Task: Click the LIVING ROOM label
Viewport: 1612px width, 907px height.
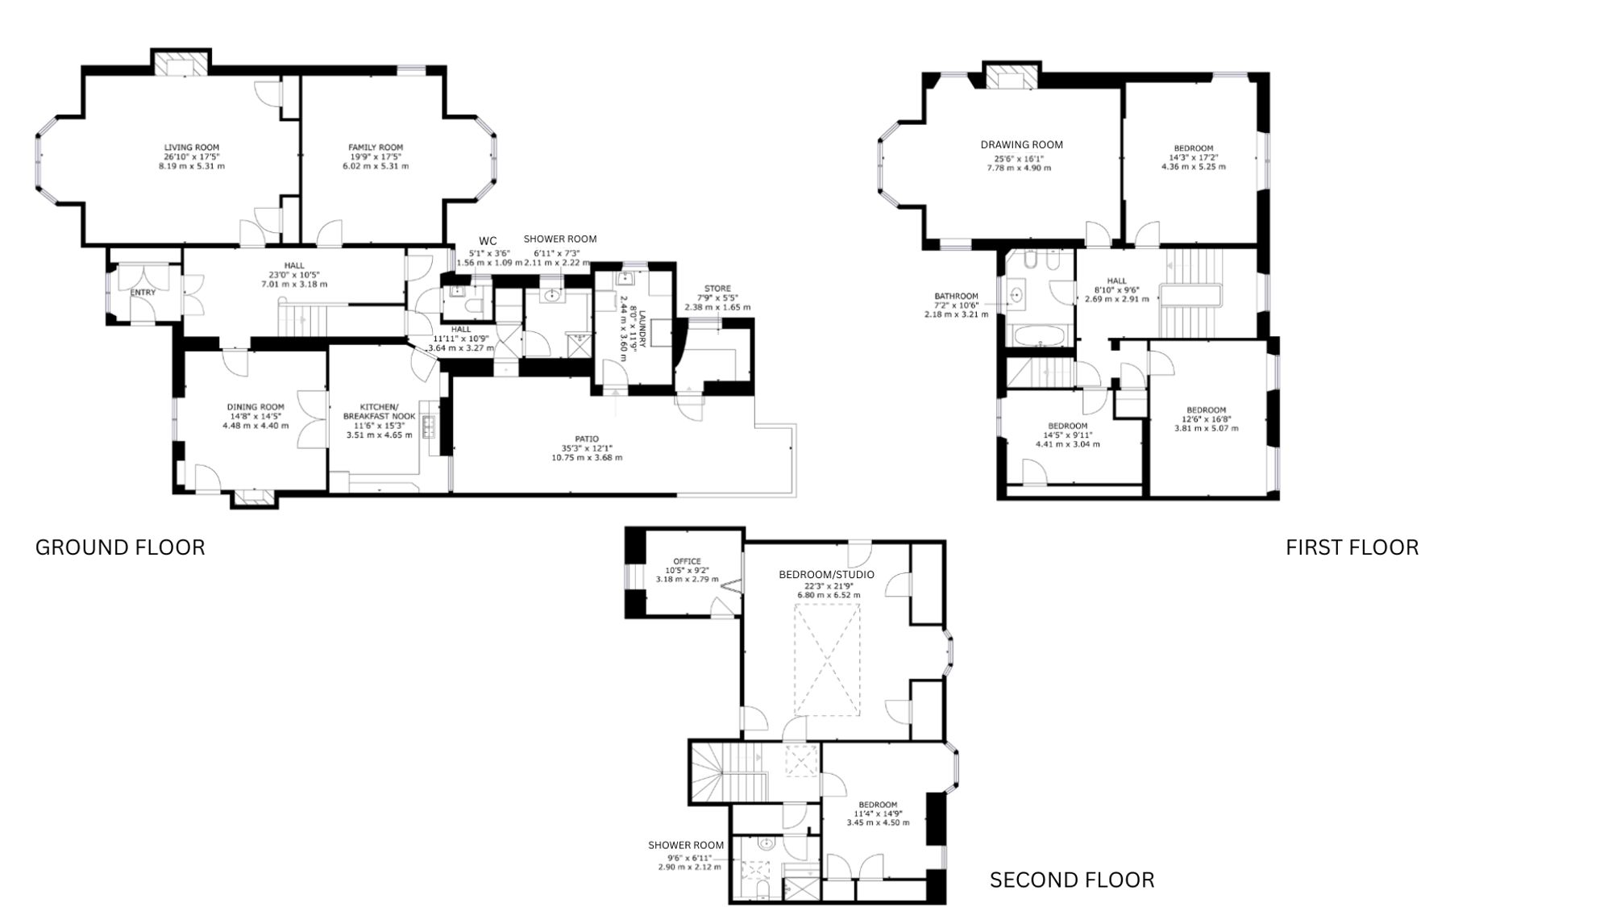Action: tap(192, 148)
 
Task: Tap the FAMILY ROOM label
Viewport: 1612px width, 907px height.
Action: tap(376, 148)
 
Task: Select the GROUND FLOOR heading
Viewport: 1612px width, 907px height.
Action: tap(120, 547)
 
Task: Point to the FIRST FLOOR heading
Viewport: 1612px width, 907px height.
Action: tap(1352, 547)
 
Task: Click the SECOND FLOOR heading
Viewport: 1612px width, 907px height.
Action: tap(1072, 880)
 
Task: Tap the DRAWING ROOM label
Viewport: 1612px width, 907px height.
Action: tap(1022, 145)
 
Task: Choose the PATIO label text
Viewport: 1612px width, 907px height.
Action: tap(587, 439)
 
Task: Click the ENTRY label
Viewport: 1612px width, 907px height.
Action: tap(143, 293)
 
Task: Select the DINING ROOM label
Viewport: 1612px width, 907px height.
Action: tap(256, 407)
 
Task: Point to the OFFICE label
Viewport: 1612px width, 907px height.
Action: tap(688, 561)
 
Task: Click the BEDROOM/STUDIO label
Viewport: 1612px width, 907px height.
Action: tap(826, 575)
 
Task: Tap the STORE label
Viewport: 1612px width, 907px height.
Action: tap(717, 289)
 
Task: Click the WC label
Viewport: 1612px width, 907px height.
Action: tap(488, 241)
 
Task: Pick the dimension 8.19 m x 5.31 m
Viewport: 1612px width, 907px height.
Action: tap(192, 166)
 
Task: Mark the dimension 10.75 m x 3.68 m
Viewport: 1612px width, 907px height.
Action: tap(587, 458)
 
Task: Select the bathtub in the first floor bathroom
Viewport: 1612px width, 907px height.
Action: tap(1039, 335)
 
